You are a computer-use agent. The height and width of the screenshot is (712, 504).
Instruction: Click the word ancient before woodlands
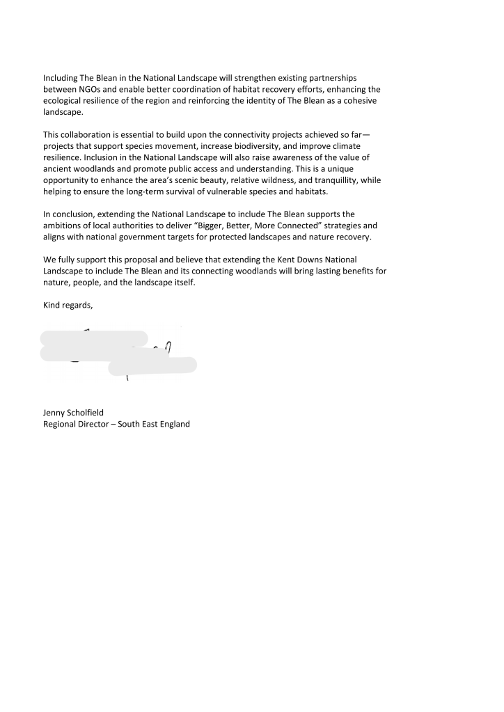[x=58, y=168]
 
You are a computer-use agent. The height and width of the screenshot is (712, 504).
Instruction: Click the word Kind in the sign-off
[x=52, y=305]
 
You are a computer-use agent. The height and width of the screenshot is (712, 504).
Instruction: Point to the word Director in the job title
[x=94, y=424]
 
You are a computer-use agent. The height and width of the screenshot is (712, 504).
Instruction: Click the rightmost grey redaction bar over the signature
[x=152, y=365]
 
